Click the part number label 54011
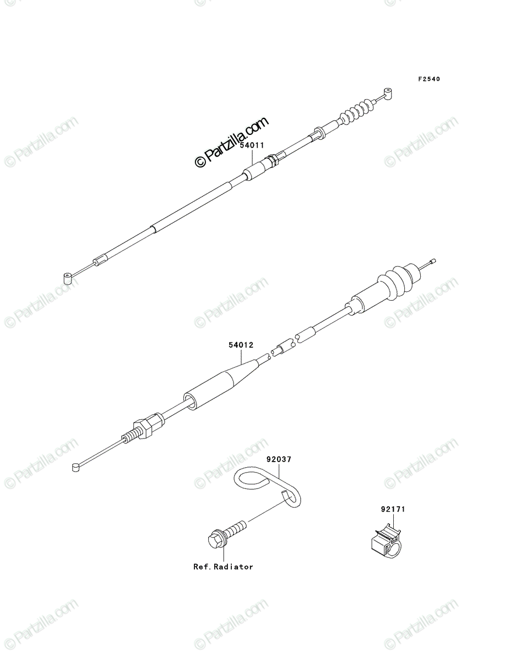(x=252, y=145)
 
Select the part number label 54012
(x=241, y=345)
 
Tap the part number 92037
(x=279, y=459)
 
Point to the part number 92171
(x=393, y=510)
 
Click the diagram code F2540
(x=429, y=79)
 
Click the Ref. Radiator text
(x=223, y=567)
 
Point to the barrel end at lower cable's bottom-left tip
(x=75, y=468)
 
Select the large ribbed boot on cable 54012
(x=400, y=279)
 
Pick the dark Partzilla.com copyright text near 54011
(x=231, y=142)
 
